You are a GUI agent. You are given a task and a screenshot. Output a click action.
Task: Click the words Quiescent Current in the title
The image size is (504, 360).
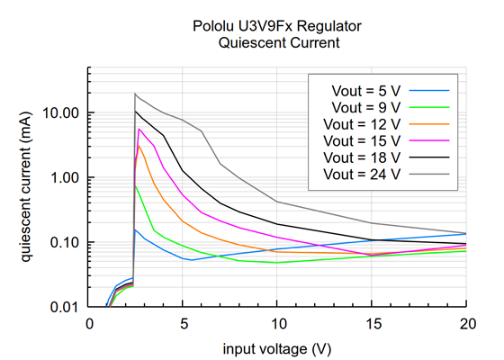pyautogui.click(x=277, y=43)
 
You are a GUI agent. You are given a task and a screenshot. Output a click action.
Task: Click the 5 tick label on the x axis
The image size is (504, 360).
pyautogui.click(x=183, y=324)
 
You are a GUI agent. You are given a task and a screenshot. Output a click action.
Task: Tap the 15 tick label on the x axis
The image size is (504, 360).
pyautogui.click(x=372, y=324)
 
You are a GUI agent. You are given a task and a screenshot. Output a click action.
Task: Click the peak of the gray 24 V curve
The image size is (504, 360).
pyautogui.click(x=135, y=94)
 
